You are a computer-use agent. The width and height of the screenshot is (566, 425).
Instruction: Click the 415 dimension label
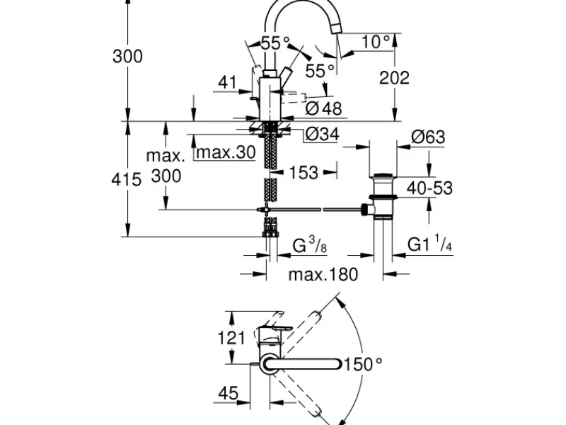pyautogui.click(x=127, y=179)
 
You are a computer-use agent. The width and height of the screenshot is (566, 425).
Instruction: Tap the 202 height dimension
pyautogui.click(x=394, y=78)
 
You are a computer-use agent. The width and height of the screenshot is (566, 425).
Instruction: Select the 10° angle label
pyautogui.click(x=376, y=42)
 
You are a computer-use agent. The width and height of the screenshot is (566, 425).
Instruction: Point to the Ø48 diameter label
pyautogui.click(x=323, y=108)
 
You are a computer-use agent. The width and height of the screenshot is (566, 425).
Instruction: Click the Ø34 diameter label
pyautogui.click(x=322, y=134)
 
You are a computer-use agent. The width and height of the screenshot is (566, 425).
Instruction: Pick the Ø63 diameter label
pyautogui.click(x=428, y=137)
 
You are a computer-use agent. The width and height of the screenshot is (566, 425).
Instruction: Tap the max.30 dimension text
pyautogui.click(x=226, y=152)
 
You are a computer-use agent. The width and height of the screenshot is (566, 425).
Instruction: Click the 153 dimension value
pyautogui.click(x=304, y=172)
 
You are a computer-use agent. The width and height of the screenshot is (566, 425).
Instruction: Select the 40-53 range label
pyautogui.click(x=429, y=188)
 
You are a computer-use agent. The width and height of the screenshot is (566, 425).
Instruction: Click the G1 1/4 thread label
pyautogui.click(x=429, y=244)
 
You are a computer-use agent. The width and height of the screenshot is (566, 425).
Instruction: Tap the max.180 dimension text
pyautogui.click(x=323, y=274)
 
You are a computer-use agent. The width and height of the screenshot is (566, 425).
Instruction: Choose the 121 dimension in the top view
pyautogui.click(x=231, y=338)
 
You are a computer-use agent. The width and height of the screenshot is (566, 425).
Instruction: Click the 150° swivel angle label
pyautogui.click(x=363, y=364)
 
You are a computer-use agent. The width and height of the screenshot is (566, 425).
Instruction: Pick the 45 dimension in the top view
pyautogui.click(x=228, y=393)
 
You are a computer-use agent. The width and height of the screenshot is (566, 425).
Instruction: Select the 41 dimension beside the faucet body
pyautogui.click(x=227, y=82)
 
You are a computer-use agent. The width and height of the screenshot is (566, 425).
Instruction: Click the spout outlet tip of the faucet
pyautogui.click(x=335, y=29)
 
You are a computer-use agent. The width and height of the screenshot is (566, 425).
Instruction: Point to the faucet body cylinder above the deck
pyautogui.click(x=270, y=98)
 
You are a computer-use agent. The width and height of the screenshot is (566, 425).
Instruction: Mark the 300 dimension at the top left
pyautogui.click(x=127, y=57)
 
